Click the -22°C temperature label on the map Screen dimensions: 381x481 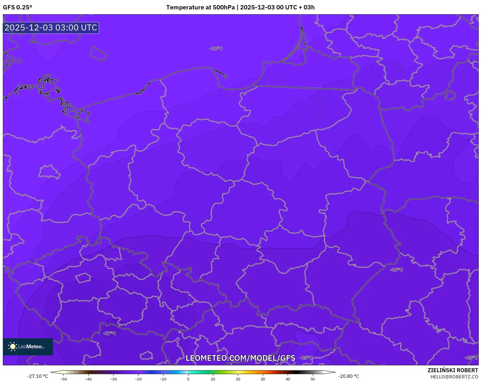pyautogui.click(x=216, y=48)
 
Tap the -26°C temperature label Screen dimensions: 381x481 pyautogui.click(x=396, y=269)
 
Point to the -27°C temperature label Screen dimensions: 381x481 pyautogui.click(x=109, y=333)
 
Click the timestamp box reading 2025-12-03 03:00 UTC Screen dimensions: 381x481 pyautogui.click(x=51, y=28)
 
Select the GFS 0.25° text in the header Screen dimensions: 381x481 pyautogui.click(x=17, y=7)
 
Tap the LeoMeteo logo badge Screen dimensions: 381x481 pyautogui.click(x=28, y=347)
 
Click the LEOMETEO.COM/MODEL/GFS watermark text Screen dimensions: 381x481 pyautogui.click(x=240, y=358)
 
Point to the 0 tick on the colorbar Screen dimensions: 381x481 pyautogui.click(x=188, y=379)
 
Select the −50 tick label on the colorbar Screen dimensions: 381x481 pyautogui.click(x=63, y=379)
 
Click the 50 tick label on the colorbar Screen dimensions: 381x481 pyautogui.click(x=313, y=379)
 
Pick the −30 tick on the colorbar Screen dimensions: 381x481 pyautogui.click(x=113, y=379)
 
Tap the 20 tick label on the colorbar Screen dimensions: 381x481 pyautogui.click(x=238, y=379)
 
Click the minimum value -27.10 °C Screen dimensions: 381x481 pyautogui.click(x=37, y=376)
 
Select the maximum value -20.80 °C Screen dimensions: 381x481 pyautogui.click(x=348, y=376)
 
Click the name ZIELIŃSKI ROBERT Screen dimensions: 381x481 pyautogui.click(x=452, y=370)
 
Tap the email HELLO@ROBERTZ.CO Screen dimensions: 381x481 pyautogui.click(x=454, y=377)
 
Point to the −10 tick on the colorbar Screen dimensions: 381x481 pyautogui.click(x=163, y=379)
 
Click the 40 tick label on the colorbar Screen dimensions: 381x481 pyautogui.click(x=288, y=379)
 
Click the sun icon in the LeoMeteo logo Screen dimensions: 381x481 pyautogui.click(x=13, y=347)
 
